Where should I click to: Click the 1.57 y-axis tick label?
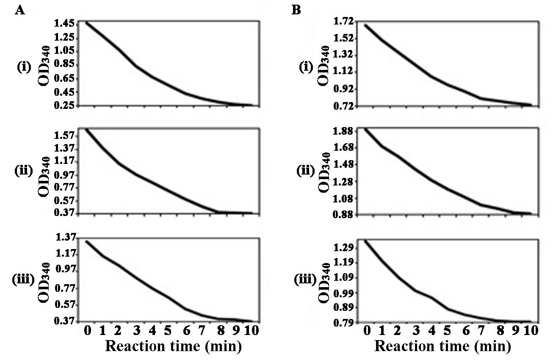click(65, 136)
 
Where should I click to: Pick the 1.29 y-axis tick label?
click(346, 248)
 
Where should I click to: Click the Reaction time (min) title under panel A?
click(173, 346)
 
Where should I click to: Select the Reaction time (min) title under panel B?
click(443, 346)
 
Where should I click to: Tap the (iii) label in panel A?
click(25, 280)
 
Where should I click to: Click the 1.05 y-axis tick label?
click(65, 51)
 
